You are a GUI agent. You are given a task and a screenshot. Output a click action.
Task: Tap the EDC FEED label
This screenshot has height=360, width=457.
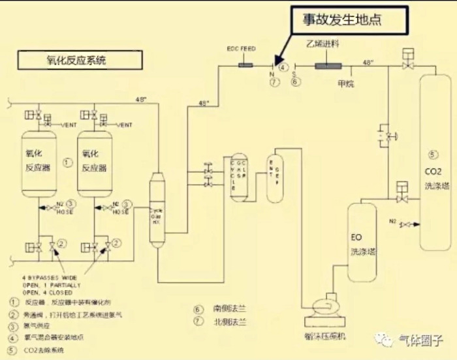pos(239,48)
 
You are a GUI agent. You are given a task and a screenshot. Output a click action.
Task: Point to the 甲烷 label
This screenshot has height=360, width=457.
pos(345,83)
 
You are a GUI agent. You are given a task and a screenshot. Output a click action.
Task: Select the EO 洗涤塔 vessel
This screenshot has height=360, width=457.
pos(360,241)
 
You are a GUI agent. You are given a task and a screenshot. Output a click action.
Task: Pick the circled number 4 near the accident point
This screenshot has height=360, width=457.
pos(283,67)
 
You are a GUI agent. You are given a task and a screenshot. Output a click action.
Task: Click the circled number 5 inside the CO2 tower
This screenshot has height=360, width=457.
pos(432,155)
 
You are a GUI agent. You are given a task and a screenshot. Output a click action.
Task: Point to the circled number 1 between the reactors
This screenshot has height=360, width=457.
pos(67,160)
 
